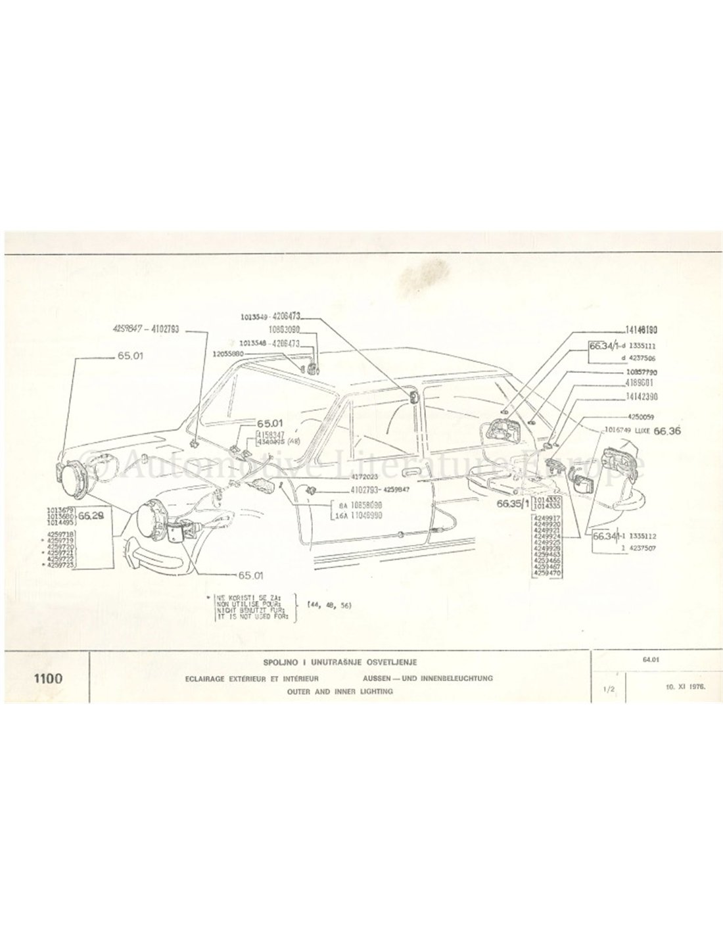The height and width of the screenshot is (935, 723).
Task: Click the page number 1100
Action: [45, 678]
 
